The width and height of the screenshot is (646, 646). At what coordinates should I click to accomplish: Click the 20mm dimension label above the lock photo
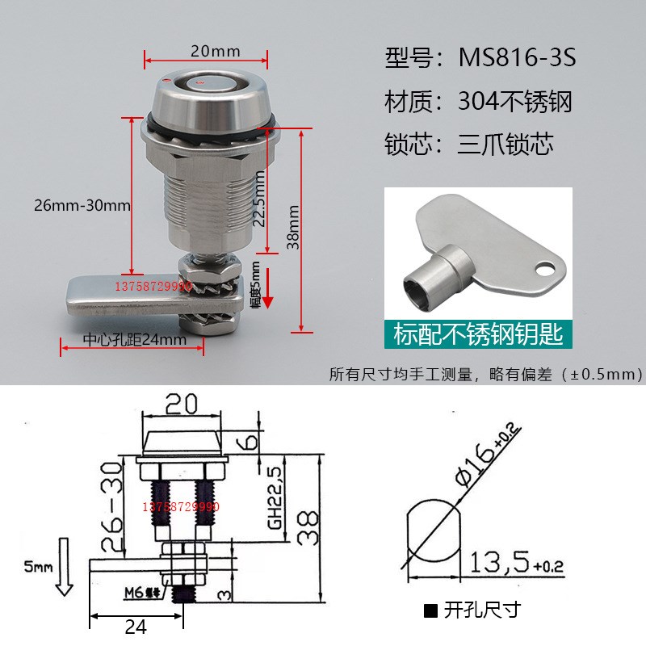[215, 50]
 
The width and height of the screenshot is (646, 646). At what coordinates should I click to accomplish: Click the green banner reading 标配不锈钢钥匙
[477, 333]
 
